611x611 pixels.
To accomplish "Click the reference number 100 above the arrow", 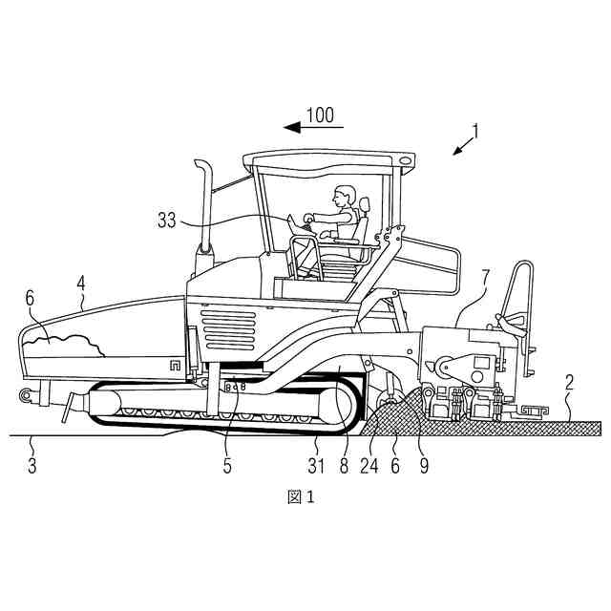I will (320, 116).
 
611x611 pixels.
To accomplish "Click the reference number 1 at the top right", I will (475, 131).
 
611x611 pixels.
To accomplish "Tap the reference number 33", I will (166, 219).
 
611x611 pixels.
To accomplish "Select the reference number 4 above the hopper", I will (82, 282).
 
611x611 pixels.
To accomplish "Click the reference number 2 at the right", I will (569, 383).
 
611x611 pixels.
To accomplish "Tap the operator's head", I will (341, 197).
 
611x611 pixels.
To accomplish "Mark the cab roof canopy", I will (329, 157).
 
